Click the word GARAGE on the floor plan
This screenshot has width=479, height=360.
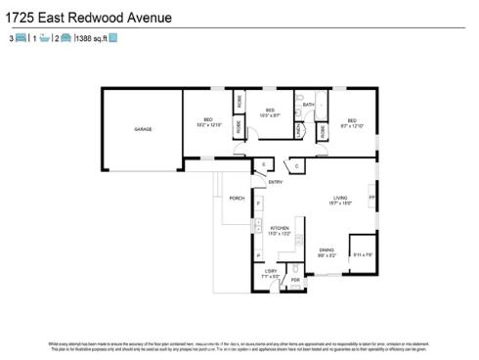tap(144, 129)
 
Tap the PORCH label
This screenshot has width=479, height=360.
tap(237, 198)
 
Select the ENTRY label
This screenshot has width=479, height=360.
tap(275, 181)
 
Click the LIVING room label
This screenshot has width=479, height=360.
tap(338, 199)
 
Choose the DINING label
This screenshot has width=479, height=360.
tap(325, 250)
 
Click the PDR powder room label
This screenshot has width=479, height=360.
tap(294, 281)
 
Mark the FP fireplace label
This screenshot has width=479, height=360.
tap(370, 198)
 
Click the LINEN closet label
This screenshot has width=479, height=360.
tap(297, 132)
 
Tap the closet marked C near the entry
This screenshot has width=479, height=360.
tap(294, 163)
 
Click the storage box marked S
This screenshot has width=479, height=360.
tap(263, 163)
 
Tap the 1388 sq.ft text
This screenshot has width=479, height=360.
tap(90, 38)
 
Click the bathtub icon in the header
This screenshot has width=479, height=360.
tap(43, 38)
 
